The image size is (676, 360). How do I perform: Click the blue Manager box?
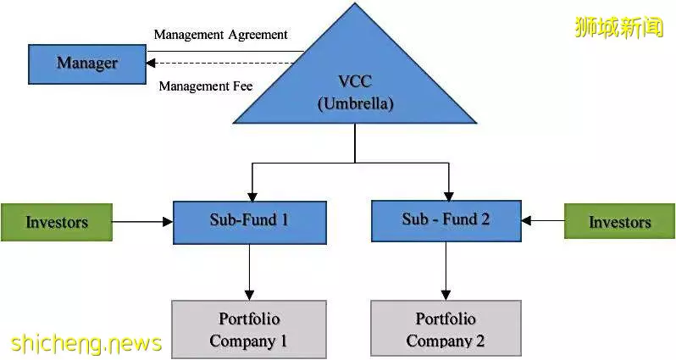click(87, 64)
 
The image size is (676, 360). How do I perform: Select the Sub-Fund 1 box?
click(250, 223)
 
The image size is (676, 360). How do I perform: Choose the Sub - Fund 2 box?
click(446, 221)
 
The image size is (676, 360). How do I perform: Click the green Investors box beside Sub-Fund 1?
click(57, 222)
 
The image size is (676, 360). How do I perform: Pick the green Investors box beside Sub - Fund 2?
click(619, 221)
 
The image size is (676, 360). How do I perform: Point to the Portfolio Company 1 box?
click(249, 330)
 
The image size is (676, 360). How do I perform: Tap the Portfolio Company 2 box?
click(446, 330)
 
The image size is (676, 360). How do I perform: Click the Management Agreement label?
click(221, 35)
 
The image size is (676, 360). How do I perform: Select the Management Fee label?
click(206, 86)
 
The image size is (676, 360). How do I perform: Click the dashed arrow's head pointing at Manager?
click(151, 64)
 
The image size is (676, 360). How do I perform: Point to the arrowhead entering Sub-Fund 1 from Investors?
click(168, 222)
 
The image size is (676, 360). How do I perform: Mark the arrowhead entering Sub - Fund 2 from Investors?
click(526, 221)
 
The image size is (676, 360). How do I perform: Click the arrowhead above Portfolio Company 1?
click(250, 295)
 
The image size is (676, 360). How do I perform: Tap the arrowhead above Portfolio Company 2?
click(446, 295)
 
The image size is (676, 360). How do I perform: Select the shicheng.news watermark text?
click(86, 343)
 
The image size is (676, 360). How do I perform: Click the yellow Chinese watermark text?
click(619, 27)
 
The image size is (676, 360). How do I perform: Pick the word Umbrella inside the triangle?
click(356, 104)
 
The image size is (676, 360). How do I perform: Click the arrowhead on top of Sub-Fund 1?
click(252, 197)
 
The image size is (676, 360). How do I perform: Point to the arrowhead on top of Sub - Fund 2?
click(449, 196)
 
